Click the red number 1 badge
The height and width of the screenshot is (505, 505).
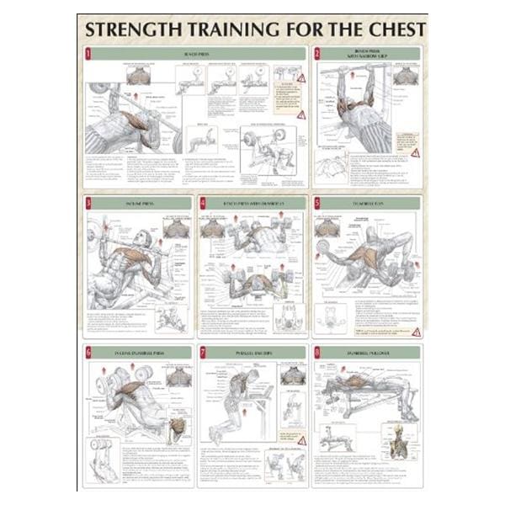tap(89, 53)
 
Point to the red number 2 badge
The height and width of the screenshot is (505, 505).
tap(317, 53)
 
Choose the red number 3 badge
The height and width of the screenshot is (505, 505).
tap(89, 203)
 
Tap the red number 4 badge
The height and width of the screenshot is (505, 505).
tap(203, 203)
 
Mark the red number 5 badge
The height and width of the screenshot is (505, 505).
tap(317, 203)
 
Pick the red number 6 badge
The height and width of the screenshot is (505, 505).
tap(89, 350)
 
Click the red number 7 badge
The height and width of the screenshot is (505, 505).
tap(203, 350)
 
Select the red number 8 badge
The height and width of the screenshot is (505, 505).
tap(317, 350)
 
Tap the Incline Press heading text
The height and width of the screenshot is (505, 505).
tap(141, 203)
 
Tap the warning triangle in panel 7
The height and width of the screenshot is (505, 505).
tap(301, 440)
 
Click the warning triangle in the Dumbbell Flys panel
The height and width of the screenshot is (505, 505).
tap(415, 332)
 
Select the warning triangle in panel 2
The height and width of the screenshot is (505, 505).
tap(413, 154)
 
